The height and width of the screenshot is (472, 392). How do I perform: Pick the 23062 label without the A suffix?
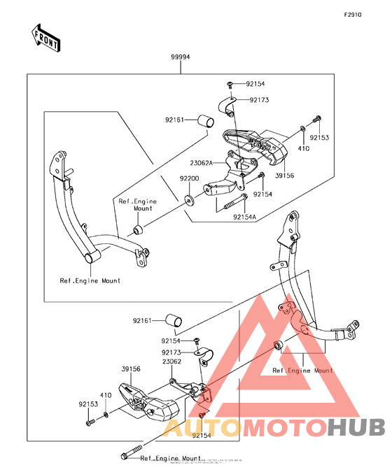(172, 362)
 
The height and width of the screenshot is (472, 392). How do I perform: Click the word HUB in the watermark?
(356, 427)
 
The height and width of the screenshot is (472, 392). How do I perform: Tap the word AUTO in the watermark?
(192, 427)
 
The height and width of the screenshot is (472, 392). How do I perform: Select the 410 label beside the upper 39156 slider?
(304, 149)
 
